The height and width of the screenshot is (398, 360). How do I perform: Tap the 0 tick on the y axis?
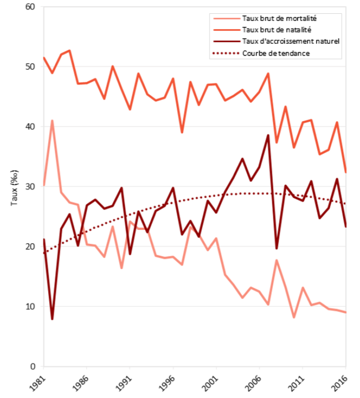click(x=32, y=366)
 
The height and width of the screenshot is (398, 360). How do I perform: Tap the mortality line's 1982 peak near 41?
click(x=52, y=121)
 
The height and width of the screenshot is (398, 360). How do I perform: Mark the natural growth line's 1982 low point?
click(x=52, y=319)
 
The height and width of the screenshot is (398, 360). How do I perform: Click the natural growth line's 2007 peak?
click(x=268, y=135)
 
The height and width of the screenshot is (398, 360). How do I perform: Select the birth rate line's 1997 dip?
click(x=182, y=133)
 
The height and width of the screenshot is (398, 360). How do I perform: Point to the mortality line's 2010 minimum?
click(x=294, y=317)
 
